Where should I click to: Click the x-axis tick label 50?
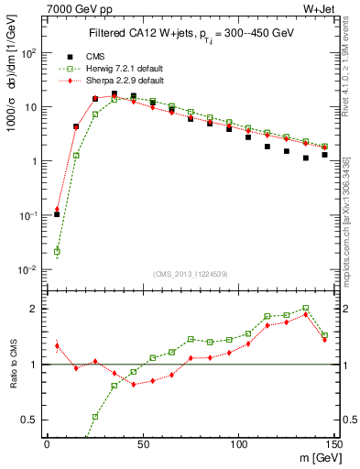click(143, 442)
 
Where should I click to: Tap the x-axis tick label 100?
click(239, 442)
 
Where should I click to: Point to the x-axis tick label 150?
click(334, 442)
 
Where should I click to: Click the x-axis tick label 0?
click(47, 442)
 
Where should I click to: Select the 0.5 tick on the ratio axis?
click(29, 420)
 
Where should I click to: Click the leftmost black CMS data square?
click(57, 214)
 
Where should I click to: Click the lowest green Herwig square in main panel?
click(57, 251)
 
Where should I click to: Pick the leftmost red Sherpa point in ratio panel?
click(57, 346)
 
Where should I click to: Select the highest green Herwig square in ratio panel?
click(306, 309)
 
